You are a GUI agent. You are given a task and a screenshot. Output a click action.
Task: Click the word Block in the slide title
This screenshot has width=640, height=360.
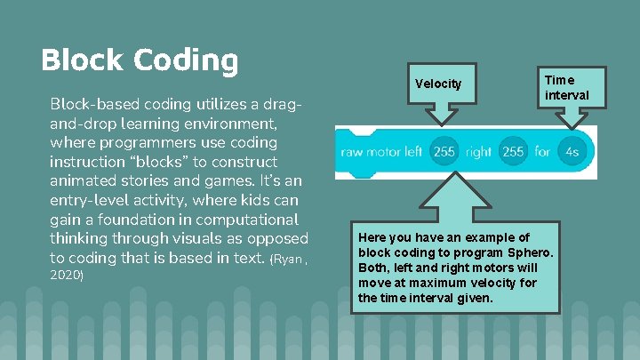click(84, 60)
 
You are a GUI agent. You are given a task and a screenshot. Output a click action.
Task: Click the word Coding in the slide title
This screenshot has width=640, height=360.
click(187, 60)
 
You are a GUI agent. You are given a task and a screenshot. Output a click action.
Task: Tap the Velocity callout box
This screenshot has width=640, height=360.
click(438, 84)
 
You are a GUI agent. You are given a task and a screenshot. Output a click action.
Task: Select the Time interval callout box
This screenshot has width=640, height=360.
click(566, 87)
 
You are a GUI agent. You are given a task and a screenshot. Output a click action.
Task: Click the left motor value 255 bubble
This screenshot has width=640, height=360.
click(444, 152)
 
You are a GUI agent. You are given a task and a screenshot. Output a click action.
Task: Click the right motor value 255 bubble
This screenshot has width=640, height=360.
click(513, 152)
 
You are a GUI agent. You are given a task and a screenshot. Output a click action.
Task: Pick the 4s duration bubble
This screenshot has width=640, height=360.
click(572, 152)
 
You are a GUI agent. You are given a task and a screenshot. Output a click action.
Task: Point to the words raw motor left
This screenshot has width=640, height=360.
click(381, 152)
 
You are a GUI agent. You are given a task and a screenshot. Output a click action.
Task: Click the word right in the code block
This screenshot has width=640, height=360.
click(478, 152)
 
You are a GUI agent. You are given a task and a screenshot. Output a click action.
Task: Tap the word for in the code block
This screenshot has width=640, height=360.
click(542, 152)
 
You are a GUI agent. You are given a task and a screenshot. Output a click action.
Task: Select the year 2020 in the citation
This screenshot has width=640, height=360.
click(67, 276)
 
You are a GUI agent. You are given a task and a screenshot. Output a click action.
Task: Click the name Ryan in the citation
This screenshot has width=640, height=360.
click(289, 260)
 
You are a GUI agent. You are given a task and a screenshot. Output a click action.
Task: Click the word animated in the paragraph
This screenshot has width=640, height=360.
click(85, 181)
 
